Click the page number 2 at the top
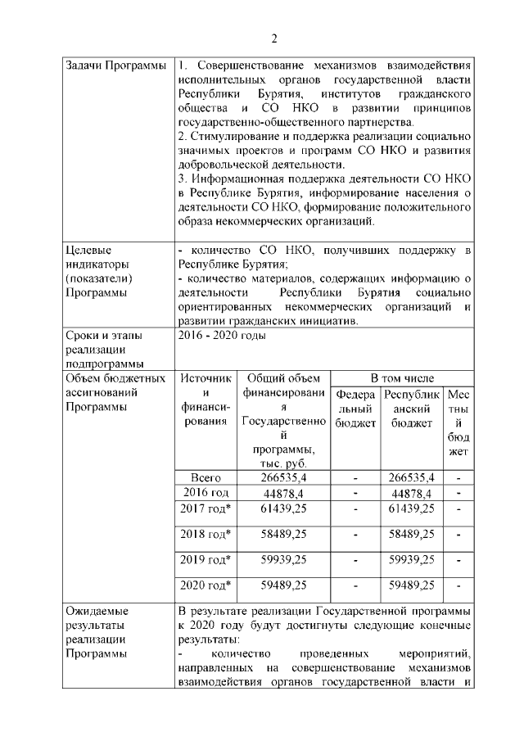pyautogui.click(x=275, y=38)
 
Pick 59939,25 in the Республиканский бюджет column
pyautogui.click(x=412, y=559)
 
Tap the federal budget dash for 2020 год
pyautogui.click(x=355, y=585)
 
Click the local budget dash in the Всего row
pyautogui.click(x=458, y=477)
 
